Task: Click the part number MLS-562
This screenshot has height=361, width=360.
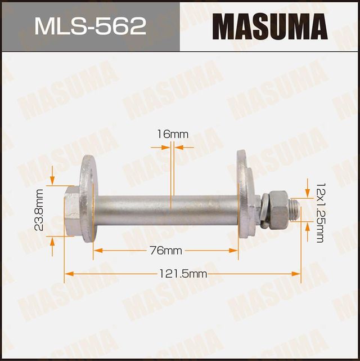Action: pos(90,26)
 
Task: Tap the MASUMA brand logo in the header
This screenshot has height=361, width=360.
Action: pos(269,26)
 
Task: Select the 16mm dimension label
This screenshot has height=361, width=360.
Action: pos(172,134)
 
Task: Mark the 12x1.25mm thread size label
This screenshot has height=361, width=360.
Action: pos(319,212)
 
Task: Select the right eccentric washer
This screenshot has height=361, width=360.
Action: pos(245,194)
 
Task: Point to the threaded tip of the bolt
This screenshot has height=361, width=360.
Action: pos(293,210)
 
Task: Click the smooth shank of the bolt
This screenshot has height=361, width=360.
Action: pos(169,210)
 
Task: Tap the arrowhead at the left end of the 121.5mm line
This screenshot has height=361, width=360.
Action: pos(68,274)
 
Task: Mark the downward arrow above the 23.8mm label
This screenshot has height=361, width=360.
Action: pos(52,180)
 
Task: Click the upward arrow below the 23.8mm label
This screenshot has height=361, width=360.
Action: pos(52,240)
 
